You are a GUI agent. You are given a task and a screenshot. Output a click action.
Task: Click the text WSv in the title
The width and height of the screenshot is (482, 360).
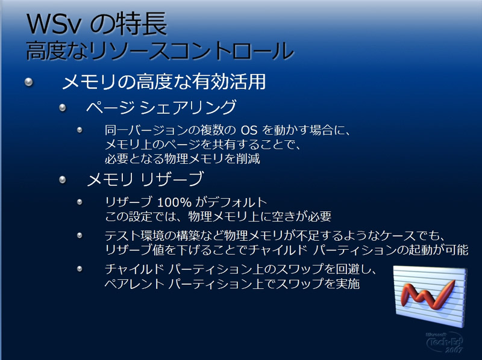[53, 25]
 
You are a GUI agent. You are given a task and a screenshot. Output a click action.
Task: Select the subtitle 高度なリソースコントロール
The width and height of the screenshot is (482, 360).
[160, 51]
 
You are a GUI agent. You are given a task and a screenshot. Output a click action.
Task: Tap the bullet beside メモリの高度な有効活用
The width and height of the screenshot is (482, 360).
[28, 82]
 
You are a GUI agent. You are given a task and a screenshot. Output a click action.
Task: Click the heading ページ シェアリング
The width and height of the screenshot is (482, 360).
[161, 107]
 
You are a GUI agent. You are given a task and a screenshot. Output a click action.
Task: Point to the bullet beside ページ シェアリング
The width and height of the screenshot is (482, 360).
[63, 108]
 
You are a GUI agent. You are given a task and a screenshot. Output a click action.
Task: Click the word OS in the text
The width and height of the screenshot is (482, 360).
[249, 130]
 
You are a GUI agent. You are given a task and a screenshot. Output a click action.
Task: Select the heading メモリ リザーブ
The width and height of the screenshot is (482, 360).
[145, 179]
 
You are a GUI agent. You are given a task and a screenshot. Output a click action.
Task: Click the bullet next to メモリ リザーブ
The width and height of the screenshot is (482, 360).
[63, 179]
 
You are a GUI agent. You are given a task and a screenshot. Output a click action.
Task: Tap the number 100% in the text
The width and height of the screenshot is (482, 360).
[174, 202]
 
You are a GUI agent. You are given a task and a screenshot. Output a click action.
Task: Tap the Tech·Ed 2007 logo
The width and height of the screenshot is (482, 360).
[445, 341]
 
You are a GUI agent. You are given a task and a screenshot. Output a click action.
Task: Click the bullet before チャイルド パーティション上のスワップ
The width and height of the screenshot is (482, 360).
[80, 269]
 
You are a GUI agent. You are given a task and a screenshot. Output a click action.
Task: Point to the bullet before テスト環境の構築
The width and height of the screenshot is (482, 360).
[80, 235]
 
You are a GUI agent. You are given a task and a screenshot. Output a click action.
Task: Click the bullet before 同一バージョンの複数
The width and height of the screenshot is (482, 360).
[80, 130]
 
